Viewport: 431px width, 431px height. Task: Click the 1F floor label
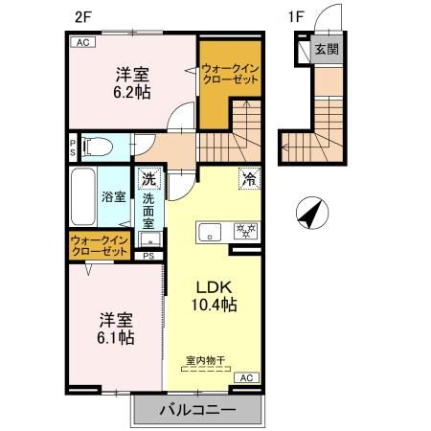(297, 14)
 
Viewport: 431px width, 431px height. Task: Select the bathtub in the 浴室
(81, 196)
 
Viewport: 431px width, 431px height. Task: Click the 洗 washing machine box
(148, 177)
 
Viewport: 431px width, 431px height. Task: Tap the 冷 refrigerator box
(249, 178)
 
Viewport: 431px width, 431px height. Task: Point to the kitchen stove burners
(245, 232)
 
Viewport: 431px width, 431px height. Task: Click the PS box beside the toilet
(73, 147)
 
